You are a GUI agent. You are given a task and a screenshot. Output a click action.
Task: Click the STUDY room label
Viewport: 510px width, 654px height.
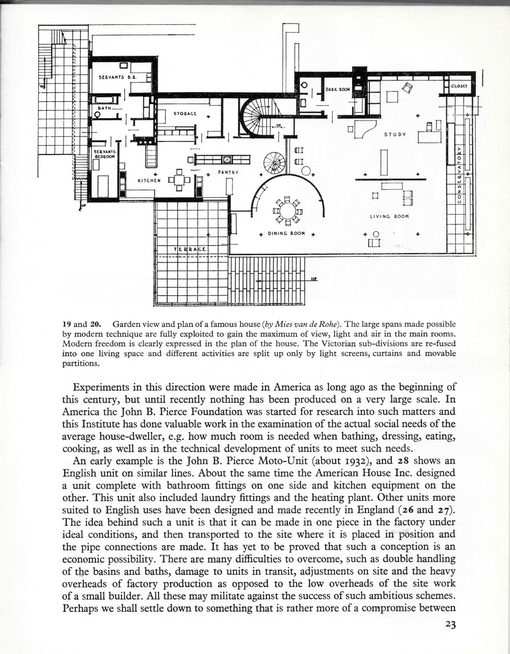point(395,135)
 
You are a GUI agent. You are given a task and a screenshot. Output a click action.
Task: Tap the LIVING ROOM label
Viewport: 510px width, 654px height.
point(389,216)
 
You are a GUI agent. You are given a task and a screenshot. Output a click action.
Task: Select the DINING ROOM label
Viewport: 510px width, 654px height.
point(286,234)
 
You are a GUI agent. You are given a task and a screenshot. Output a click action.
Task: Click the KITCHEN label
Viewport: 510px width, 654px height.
point(149,181)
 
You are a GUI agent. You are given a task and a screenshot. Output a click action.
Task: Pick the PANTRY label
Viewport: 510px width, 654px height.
point(228,172)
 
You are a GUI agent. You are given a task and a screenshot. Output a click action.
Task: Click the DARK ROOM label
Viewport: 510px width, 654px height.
point(337,89)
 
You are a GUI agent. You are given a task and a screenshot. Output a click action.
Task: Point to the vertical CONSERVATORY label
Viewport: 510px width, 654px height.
point(459,174)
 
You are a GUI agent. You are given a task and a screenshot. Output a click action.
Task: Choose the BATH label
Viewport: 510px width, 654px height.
point(102,108)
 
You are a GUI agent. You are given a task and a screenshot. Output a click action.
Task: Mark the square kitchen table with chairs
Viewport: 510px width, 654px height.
point(179,181)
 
